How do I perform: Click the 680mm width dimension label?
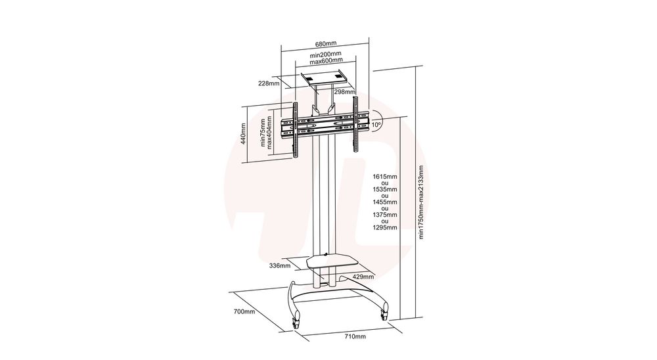point(326,43)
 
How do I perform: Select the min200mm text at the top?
point(326,55)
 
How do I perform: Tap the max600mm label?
point(326,61)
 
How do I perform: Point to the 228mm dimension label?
point(269,83)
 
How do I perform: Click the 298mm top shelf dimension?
point(344,92)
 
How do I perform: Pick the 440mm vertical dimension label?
point(244,134)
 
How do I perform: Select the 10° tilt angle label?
point(376,124)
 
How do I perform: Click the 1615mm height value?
point(385,177)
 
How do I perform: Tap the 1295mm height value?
point(385,227)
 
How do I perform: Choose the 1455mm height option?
point(385,202)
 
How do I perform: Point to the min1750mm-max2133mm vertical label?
point(421,202)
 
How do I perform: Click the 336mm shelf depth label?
point(280,265)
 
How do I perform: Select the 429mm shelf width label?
point(363,277)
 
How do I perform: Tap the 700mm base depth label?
point(244,311)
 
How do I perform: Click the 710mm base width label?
point(355,336)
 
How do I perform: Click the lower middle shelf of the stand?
point(333,262)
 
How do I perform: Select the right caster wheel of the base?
point(384,315)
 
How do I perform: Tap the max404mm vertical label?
point(269,133)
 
